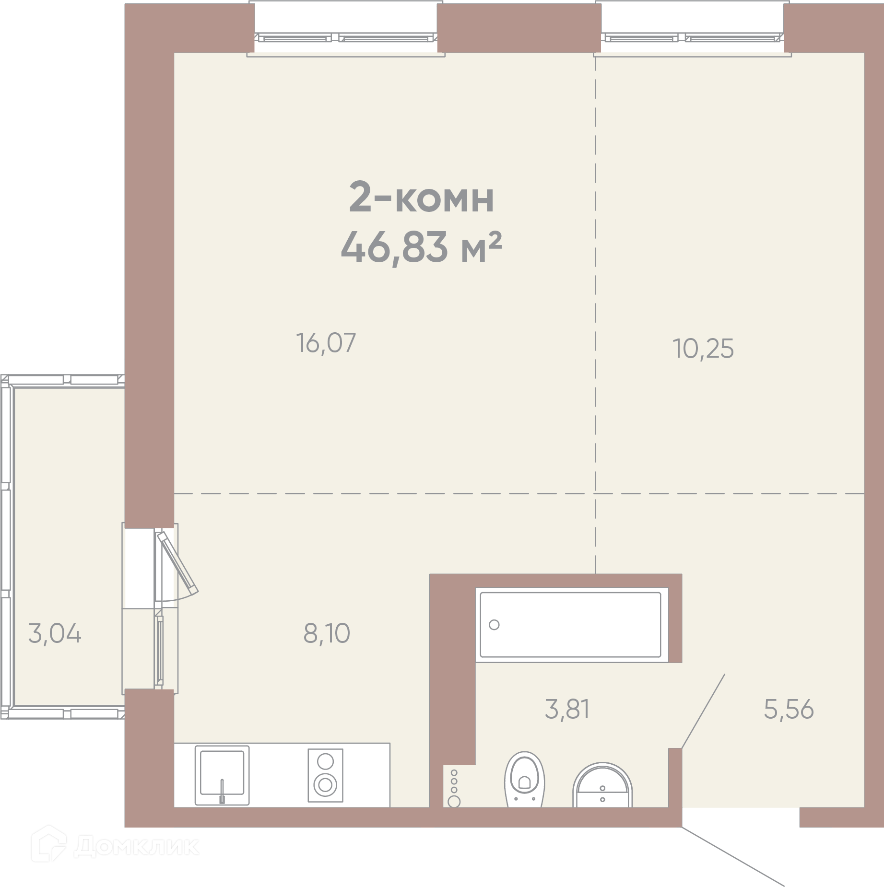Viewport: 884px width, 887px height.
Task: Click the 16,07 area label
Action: [326, 343]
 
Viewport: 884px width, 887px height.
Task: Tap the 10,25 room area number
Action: [703, 349]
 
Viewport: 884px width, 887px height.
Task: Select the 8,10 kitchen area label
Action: [327, 633]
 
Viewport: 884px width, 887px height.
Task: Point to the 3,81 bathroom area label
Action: [567, 709]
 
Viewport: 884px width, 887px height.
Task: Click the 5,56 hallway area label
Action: [789, 709]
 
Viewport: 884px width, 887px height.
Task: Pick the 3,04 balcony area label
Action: [55, 633]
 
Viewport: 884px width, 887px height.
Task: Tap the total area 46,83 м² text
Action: [421, 247]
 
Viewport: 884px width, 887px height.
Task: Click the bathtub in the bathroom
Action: [571, 625]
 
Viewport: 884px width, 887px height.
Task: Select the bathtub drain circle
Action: [494, 625]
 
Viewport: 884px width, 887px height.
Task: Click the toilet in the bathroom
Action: [525, 779]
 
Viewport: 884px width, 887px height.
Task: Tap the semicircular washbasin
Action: [602, 785]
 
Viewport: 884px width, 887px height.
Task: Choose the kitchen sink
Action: [222, 775]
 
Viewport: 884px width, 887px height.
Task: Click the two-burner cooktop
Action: [325, 775]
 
